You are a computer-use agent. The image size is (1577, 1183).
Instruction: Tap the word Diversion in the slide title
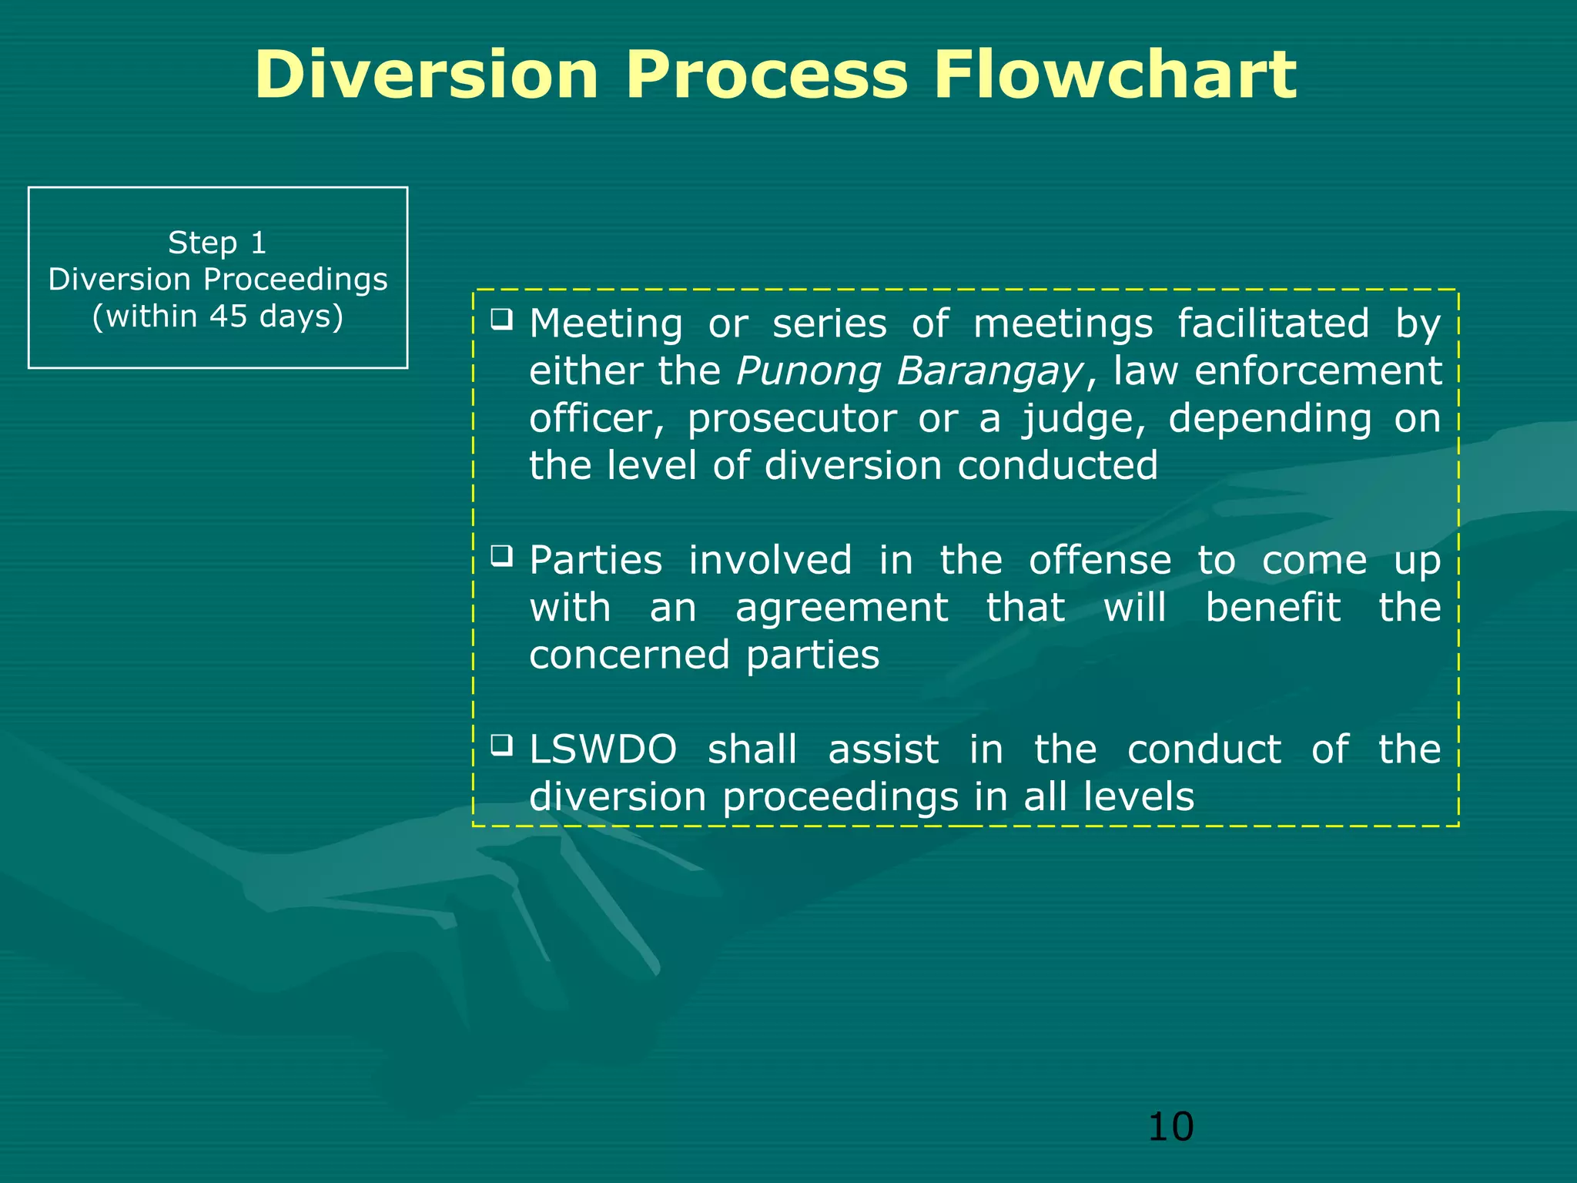point(427,75)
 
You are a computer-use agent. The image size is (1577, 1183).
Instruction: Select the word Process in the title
point(766,75)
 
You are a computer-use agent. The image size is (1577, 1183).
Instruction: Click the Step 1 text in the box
point(217,243)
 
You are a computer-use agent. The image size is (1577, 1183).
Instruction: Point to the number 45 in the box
point(228,316)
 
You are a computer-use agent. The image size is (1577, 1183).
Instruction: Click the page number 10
point(1170,1127)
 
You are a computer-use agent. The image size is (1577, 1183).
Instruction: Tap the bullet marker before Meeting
point(502,318)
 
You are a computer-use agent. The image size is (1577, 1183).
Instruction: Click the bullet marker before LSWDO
point(502,744)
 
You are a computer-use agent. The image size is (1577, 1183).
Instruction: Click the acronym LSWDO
point(603,749)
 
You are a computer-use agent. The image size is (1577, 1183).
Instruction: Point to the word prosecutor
point(792,420)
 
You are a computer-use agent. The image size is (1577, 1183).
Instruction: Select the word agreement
point(841,608)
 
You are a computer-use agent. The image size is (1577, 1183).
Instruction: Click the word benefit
point(1272,607)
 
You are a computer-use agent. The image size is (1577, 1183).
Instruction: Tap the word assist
point(883,749)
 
